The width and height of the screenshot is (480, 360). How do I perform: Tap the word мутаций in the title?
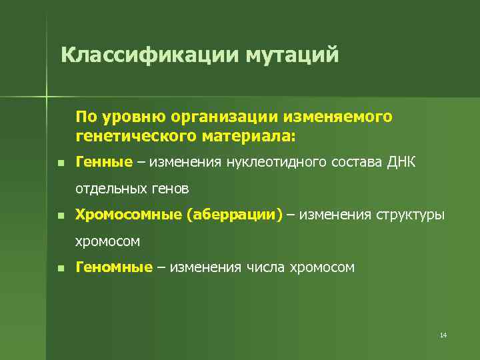293,54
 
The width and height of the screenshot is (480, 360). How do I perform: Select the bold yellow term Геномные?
115,267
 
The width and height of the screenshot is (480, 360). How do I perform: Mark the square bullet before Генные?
60,163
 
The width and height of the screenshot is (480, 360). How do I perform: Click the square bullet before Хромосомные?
60,215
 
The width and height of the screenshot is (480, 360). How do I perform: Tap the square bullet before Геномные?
60,268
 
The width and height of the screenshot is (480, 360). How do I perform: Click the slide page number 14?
443,335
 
